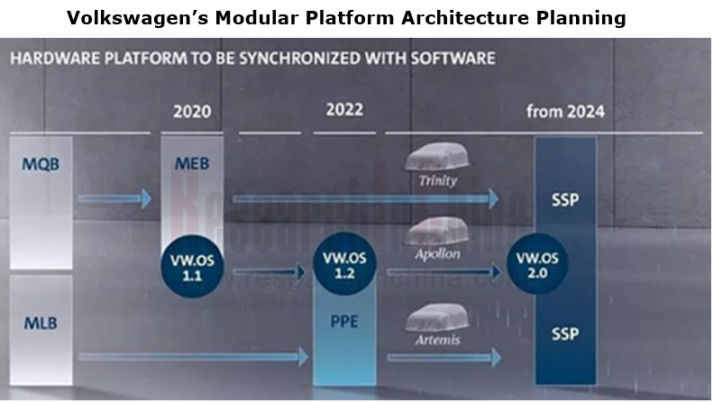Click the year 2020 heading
(191, 113)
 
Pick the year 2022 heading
(344, 110)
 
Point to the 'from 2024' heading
(565, 112)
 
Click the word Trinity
(439, 180)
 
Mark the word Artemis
(439, 340)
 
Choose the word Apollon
(439, 255)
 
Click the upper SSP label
(565, 198)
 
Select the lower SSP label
(565, 334)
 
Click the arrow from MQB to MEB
(117, 198)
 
